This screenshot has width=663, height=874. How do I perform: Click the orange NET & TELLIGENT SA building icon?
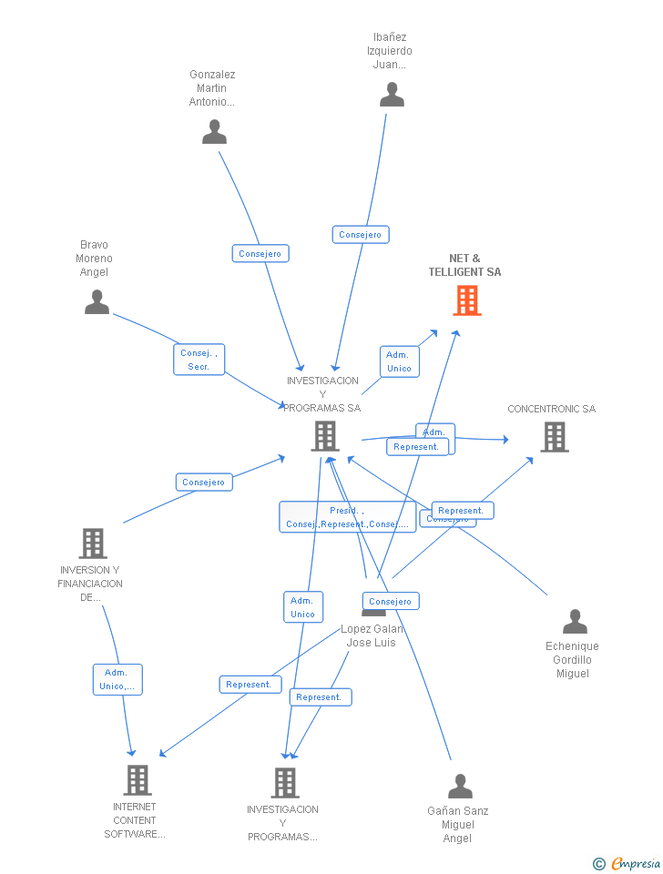467,300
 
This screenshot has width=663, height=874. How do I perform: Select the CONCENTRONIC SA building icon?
554,437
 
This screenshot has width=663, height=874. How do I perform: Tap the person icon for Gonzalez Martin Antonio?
214,132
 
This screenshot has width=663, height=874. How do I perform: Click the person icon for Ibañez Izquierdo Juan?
392,95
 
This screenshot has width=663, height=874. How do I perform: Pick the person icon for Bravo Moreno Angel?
97,302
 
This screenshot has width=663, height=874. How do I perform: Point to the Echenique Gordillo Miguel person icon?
575,622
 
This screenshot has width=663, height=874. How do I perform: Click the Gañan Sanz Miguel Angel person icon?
461,786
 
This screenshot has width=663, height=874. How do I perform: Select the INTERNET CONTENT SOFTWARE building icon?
138,780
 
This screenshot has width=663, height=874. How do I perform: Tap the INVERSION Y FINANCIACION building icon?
93,544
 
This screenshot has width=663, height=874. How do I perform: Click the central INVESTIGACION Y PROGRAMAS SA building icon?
325,436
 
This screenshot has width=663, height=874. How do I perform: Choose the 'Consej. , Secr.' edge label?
199,360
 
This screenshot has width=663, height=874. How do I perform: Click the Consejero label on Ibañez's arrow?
360,235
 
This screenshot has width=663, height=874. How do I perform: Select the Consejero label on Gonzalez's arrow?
260,254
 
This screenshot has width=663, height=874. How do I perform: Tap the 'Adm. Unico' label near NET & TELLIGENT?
399,361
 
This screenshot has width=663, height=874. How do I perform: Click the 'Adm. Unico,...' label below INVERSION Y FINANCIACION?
117,679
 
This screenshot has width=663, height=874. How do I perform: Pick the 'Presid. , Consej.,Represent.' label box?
346,517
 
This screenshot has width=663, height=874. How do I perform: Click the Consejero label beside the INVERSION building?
204,483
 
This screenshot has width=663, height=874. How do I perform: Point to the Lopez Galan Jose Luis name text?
372,635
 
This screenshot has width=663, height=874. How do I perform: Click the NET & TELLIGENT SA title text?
464,265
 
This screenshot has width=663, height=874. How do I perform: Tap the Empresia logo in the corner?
627,863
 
